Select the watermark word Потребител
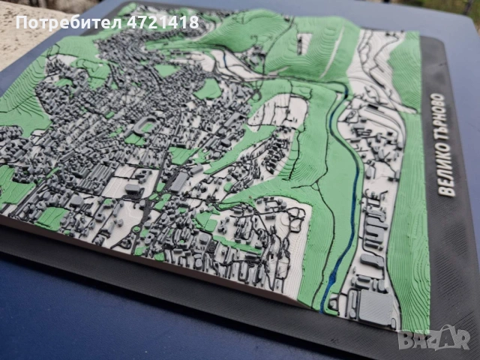point(59,22)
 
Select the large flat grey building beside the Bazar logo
point(374,307)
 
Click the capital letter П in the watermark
point(20,22)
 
